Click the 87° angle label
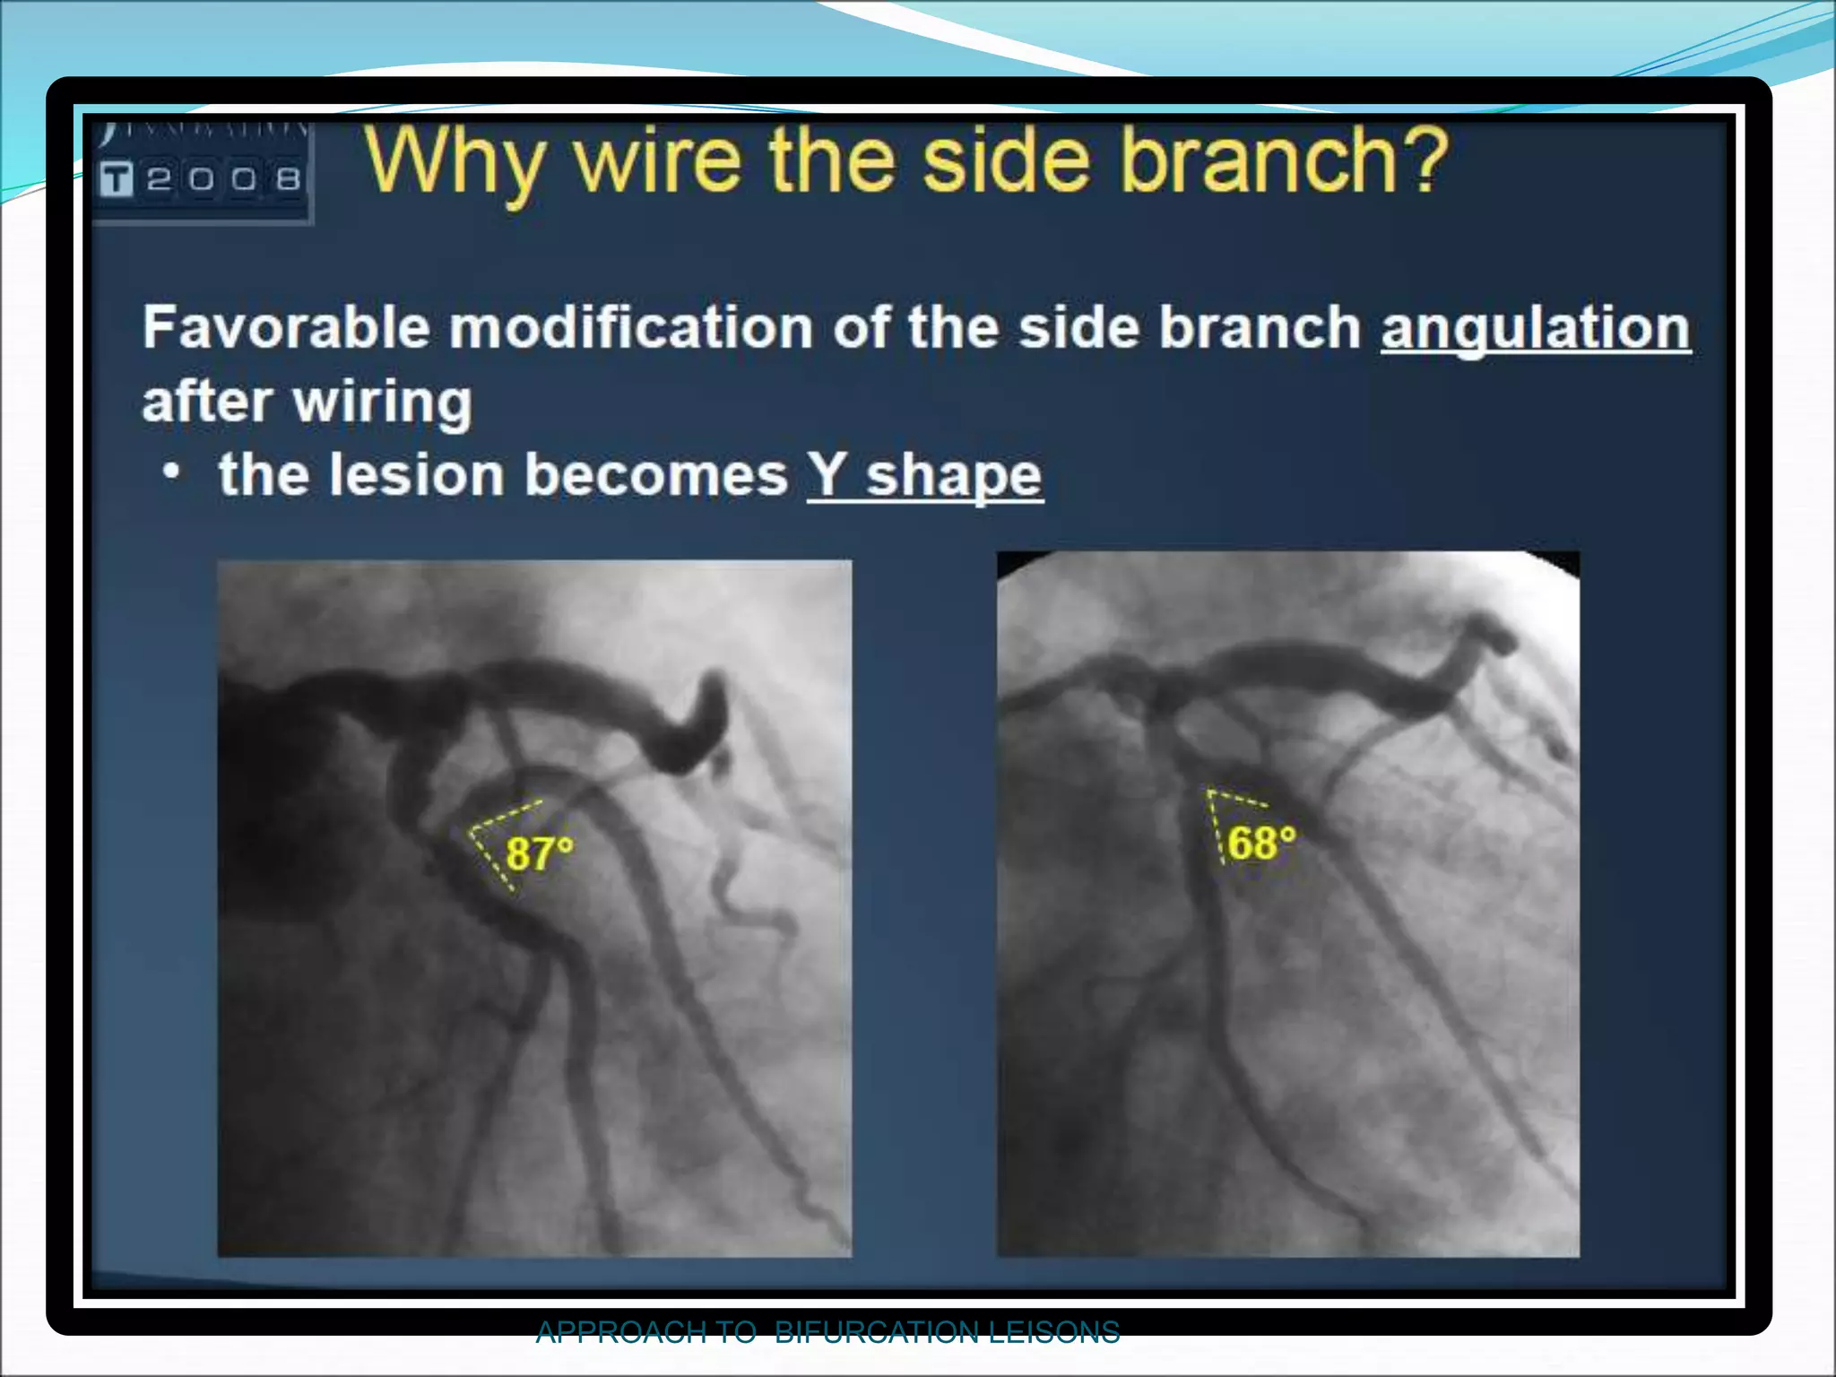pyautogui.click(x=539, y=853)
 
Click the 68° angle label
pyautogui.click(x=1261, y=843)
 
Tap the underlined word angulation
pyautogui.click(x=1535, y=328)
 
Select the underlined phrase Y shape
pyautogui.click(x=925, y=475)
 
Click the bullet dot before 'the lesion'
pyautogui.click(x=172, y=471)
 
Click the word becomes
pyautogui.click(x=655, y=474)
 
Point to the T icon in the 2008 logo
pyautogui.click(x=117, y=179)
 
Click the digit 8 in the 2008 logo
pyautogui.click(x=288, y=179)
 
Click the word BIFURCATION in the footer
pyautogui.click(x=876, y=1332)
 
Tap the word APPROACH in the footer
pyautogui.click(x=620, y=1332)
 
